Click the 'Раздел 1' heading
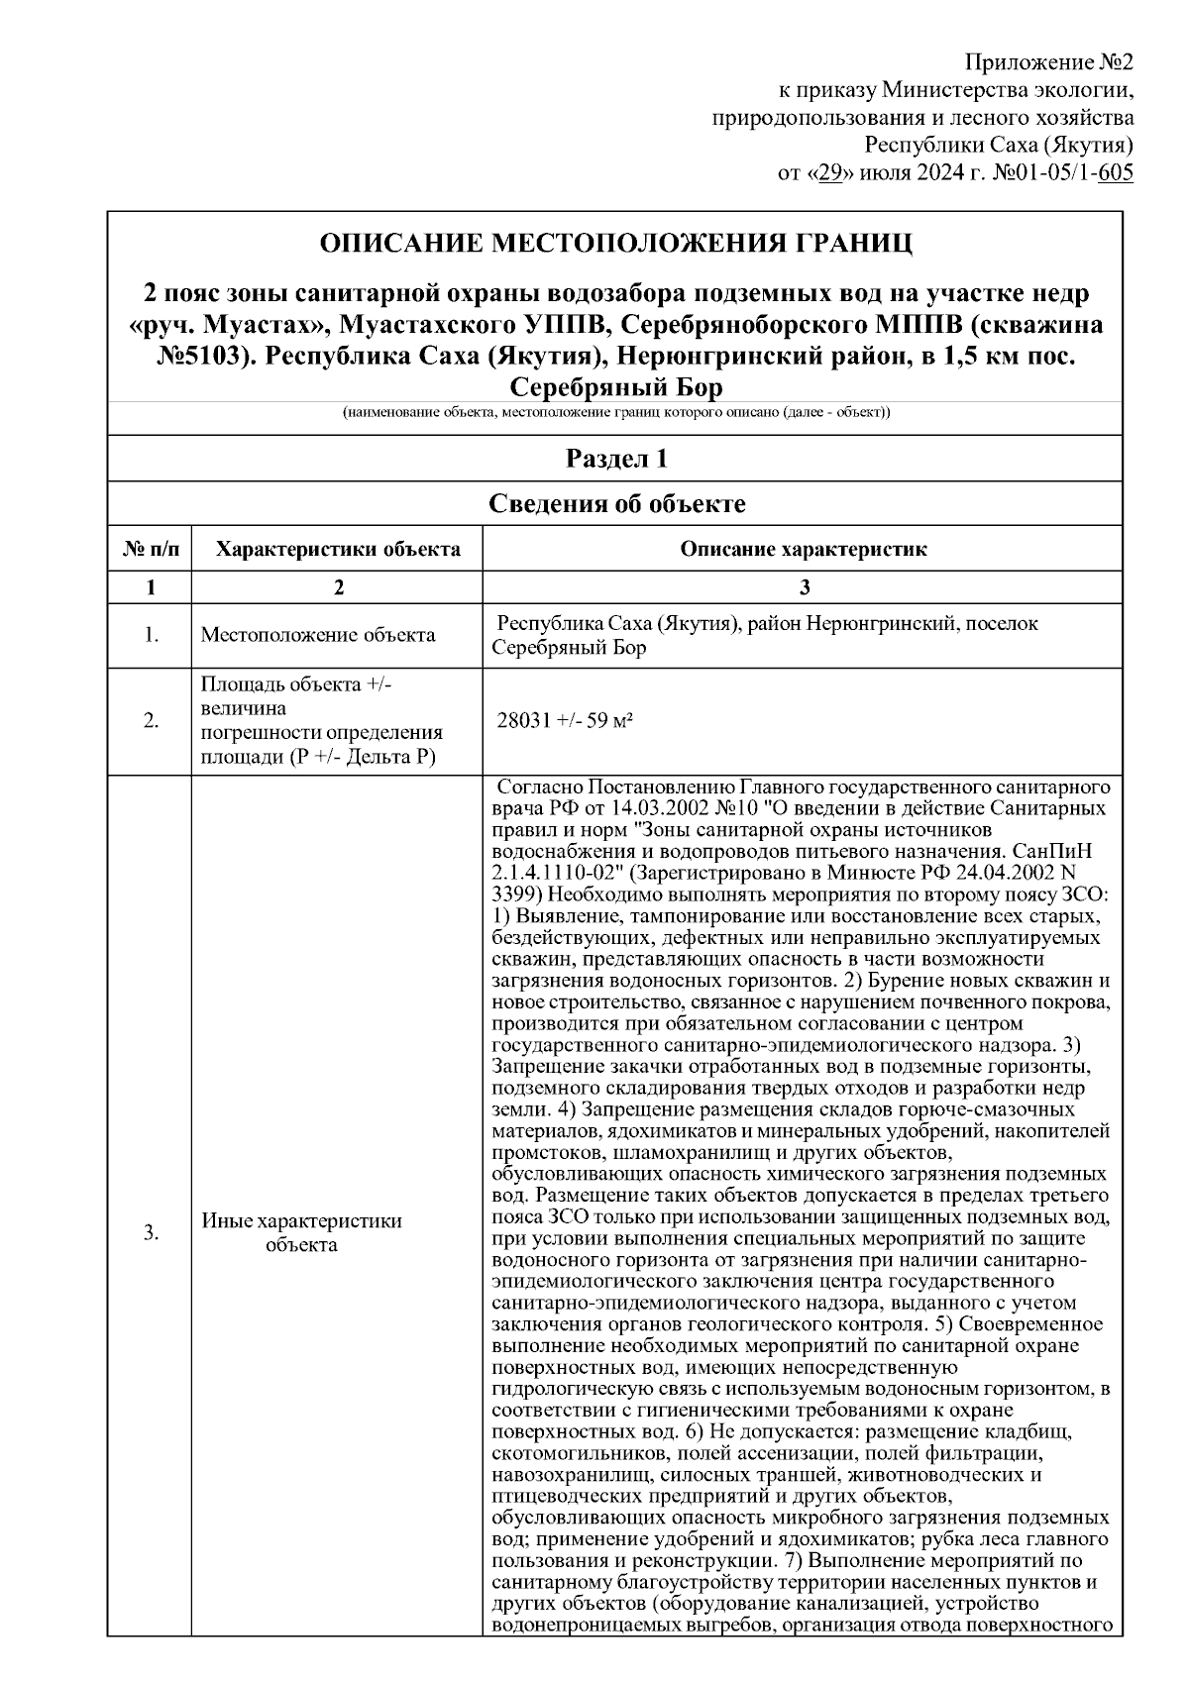click(x=615, y=460)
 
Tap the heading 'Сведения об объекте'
click(x=615, y=504)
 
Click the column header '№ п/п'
click(x=151, y=550)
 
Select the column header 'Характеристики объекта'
click(x=338, y=550)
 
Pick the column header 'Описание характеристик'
click(x=804, y=550)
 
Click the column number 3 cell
click(x=804, y=587)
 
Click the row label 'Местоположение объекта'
click(x=318, y=635)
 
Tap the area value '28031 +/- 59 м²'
click(x=566, y=721)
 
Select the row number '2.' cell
click(x=151, y=721)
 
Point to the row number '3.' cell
click(x=151, y=1232)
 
